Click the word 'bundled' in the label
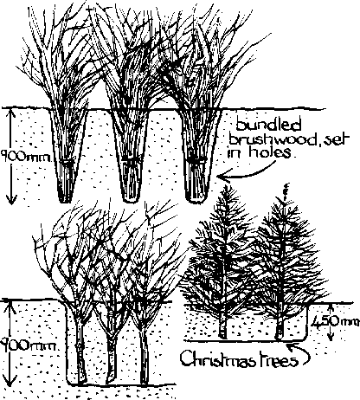point(268,125)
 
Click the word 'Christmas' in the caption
point(219,358)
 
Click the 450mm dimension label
point(336,322)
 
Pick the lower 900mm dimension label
point(27,345)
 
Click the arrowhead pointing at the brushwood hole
point(223,177)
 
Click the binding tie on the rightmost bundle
point(197,159)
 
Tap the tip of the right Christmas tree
point(286,184)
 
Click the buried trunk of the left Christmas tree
point(222,326)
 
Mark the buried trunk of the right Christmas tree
point(280,326)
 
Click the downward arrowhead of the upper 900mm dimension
point(11,200)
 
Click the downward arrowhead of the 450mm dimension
point(331,337)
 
